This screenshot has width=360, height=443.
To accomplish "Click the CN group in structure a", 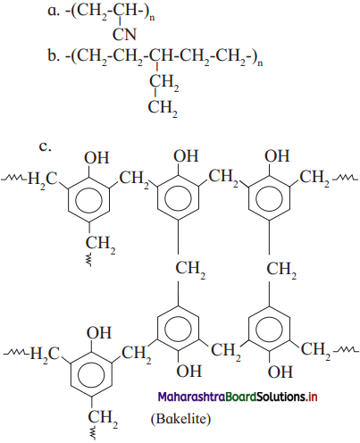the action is [124, 35].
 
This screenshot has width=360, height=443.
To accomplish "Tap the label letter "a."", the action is [54, 11].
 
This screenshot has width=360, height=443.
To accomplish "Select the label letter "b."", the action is [54, 55].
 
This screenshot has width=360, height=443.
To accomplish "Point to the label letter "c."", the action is [45, 146].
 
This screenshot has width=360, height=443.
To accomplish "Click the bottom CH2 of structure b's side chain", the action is [163, 107].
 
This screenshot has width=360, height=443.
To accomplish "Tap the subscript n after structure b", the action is [260, 63].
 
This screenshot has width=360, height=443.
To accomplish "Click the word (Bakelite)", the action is [180, 419].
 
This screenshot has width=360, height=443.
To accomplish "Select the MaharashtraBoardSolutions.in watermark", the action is [238, 397].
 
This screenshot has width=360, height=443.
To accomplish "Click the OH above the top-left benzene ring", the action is [96, 157].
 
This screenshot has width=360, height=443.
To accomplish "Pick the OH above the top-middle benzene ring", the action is [186, 155].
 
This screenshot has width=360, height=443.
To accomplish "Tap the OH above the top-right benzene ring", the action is [277, 155].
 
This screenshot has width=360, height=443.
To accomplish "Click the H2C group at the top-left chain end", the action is [42, 180].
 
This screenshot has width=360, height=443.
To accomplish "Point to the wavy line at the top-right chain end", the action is [345, 178].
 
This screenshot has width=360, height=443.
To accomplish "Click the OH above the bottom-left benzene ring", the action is [99, 332].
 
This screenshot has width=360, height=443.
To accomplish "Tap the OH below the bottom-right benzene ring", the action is [280, 372].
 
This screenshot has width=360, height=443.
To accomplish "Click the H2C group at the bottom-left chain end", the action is [45, 355].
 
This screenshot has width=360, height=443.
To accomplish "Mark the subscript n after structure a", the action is [152, 18].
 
